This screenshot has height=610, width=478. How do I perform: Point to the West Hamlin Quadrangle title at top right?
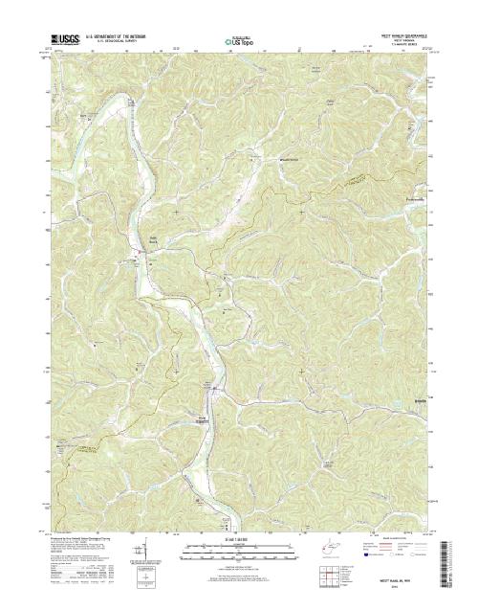tap(404, 37)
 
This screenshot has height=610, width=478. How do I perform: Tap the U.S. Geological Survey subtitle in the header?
tap(118, 44)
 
